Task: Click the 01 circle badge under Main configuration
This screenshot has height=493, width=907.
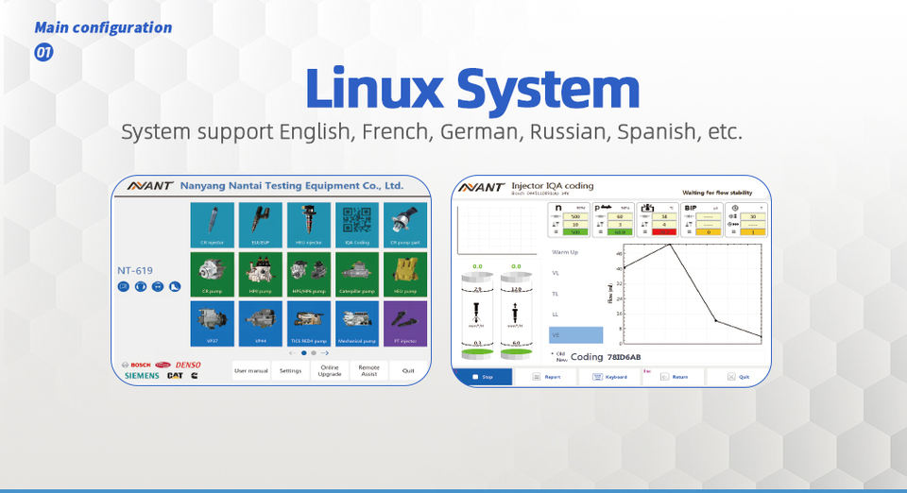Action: pyautogui.click(x=43, y=53)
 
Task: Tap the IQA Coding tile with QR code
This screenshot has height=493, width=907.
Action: pyautogui.click(x=357, y=225)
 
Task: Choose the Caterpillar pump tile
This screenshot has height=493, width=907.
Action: pyautogui.click(x=357, y=273)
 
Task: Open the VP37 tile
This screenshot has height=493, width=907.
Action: pyautogui.click(x=212, y=321)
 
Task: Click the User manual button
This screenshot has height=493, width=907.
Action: pyautogui.click(x=251, y=370)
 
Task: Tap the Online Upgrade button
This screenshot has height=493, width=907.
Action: pyautogui.click(x=330, y=370)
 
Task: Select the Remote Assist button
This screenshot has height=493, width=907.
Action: pyautogui.click(x=368, y=370)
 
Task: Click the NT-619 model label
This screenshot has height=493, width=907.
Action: pyautogui.click(x=136, y=270)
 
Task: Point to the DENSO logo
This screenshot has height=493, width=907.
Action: pyautogui.click(x=188, y=364)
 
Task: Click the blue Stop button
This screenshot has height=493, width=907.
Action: pyautogui.click(x=483, y=377)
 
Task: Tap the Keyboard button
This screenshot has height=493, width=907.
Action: pyautogui.click(x=610, y=377)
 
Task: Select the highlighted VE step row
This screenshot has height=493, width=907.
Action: pyautogui.click(x=575, y=334)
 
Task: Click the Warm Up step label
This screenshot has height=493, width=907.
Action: pyautogui.click(x=565, y=252)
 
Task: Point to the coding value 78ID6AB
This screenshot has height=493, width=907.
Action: pyautogui.click(x=624, y=357)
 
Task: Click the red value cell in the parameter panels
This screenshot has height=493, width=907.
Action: pyautogui.click(x=657, y=231)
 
